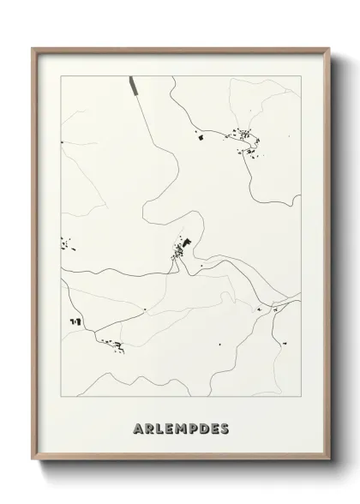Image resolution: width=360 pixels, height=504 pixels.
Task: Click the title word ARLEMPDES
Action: (181, 428)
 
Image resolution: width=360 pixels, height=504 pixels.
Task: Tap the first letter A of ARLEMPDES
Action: (139, 428)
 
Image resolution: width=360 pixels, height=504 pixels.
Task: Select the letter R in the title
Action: (150, 428)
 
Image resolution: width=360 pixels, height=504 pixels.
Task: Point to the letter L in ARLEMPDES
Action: (160, 428)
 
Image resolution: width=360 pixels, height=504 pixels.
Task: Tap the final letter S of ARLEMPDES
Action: (224, 428)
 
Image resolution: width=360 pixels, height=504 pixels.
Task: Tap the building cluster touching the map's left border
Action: (65, 244)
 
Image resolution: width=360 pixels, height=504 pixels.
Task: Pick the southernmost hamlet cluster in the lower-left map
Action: (115, 345)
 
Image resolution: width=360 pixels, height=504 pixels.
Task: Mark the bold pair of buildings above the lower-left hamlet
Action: (75, 320)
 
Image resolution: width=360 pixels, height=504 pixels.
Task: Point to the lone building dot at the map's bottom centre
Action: (219, 345)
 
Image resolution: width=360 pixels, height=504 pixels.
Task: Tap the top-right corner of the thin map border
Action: (300, 75)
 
